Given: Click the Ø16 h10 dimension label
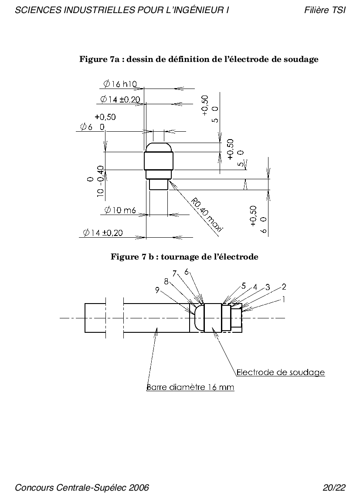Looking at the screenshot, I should (x=120, y=84).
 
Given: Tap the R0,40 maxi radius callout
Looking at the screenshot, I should (x=207, y=215).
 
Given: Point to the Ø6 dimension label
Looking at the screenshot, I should (x=92, y=127).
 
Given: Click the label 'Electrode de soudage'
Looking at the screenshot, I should (x=281, y=372).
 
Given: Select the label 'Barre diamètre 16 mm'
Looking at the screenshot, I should (x=190, y=387).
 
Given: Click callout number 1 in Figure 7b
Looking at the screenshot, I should (x=284, y=299).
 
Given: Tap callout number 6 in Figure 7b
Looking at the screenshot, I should (x=187, y=272).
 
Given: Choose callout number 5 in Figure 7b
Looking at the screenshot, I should (x=244, y=285).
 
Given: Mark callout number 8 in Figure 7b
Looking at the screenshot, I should (x=166, y=281).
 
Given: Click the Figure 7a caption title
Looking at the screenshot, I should (x=199, y=59).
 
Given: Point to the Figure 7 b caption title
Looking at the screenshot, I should (x=184, y=257).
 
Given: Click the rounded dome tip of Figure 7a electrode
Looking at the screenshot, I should (x=159, y=147).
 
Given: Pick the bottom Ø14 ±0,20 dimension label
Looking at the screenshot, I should (x=103, y=233).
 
